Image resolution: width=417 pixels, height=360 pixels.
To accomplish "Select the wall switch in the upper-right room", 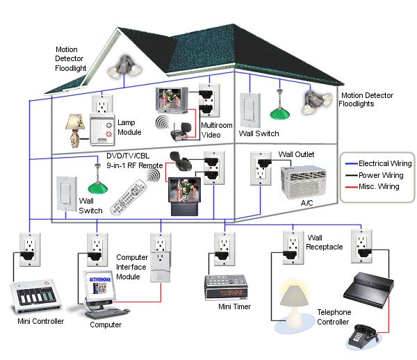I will [x=250, y=108].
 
